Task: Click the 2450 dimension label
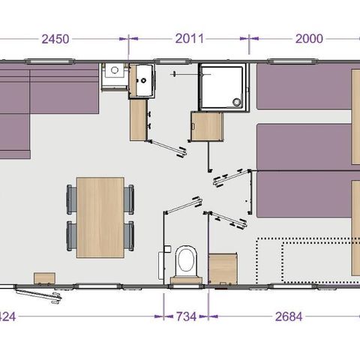[57, 39]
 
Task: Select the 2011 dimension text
[189, 39]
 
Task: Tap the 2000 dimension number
[310, 39]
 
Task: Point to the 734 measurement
[185, 316]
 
